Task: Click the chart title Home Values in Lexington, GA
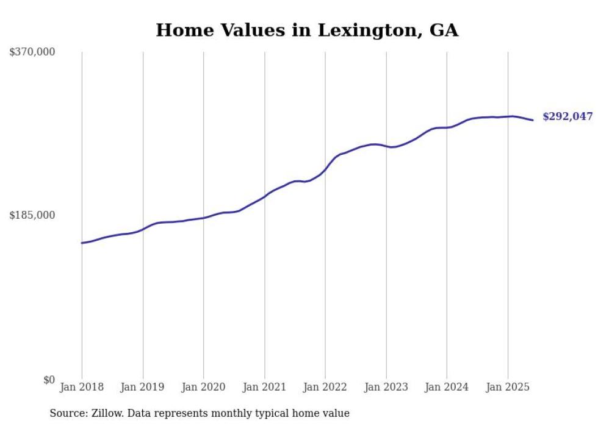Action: (307, 30)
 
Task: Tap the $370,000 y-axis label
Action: (32, 52)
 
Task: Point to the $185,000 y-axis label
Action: (32, 215)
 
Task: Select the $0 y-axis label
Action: (49, 380)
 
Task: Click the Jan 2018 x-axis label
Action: (82, 387)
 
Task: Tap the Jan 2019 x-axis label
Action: (143, 387)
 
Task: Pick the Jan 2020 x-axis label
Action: (203, 387)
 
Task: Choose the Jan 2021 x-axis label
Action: (264, 387)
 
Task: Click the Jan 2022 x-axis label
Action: (325, 387)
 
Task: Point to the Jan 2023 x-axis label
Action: (386, 387)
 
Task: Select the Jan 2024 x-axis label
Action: (447, 387)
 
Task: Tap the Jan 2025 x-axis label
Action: (508, 387)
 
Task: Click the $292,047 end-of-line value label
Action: (567, 116)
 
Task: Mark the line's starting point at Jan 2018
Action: (82, 243)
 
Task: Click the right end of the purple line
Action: (533, 120)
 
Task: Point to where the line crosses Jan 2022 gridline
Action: (325, 169)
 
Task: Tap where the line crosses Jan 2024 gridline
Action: (447, 127)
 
